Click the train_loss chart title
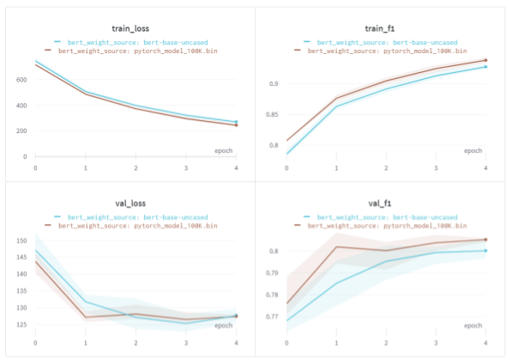pyautogui.click(x=131, y=29)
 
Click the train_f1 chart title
pyautogui.click(x=384, y=29)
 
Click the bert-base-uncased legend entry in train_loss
pyautogui.click(x=136, y=41)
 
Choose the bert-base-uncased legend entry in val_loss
pyautogui.click(x=136, y=218)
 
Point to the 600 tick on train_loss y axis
pyautogui.click(x=21, y=80)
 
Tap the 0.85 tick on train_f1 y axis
pyautogui.click(x=273, y=115)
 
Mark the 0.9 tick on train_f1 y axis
pyautogui.click(x=274, y=84)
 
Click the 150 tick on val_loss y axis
pyautogui.click(x=21, y=241)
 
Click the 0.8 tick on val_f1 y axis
pyautogui.click(x=274, y=251)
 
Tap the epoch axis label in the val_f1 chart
pyautogui.click(x=472, y=326)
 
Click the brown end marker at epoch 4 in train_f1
pyautogui.click(x=485, y=60)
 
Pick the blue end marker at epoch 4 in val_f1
pyautogui.click(x=485, y=251)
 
